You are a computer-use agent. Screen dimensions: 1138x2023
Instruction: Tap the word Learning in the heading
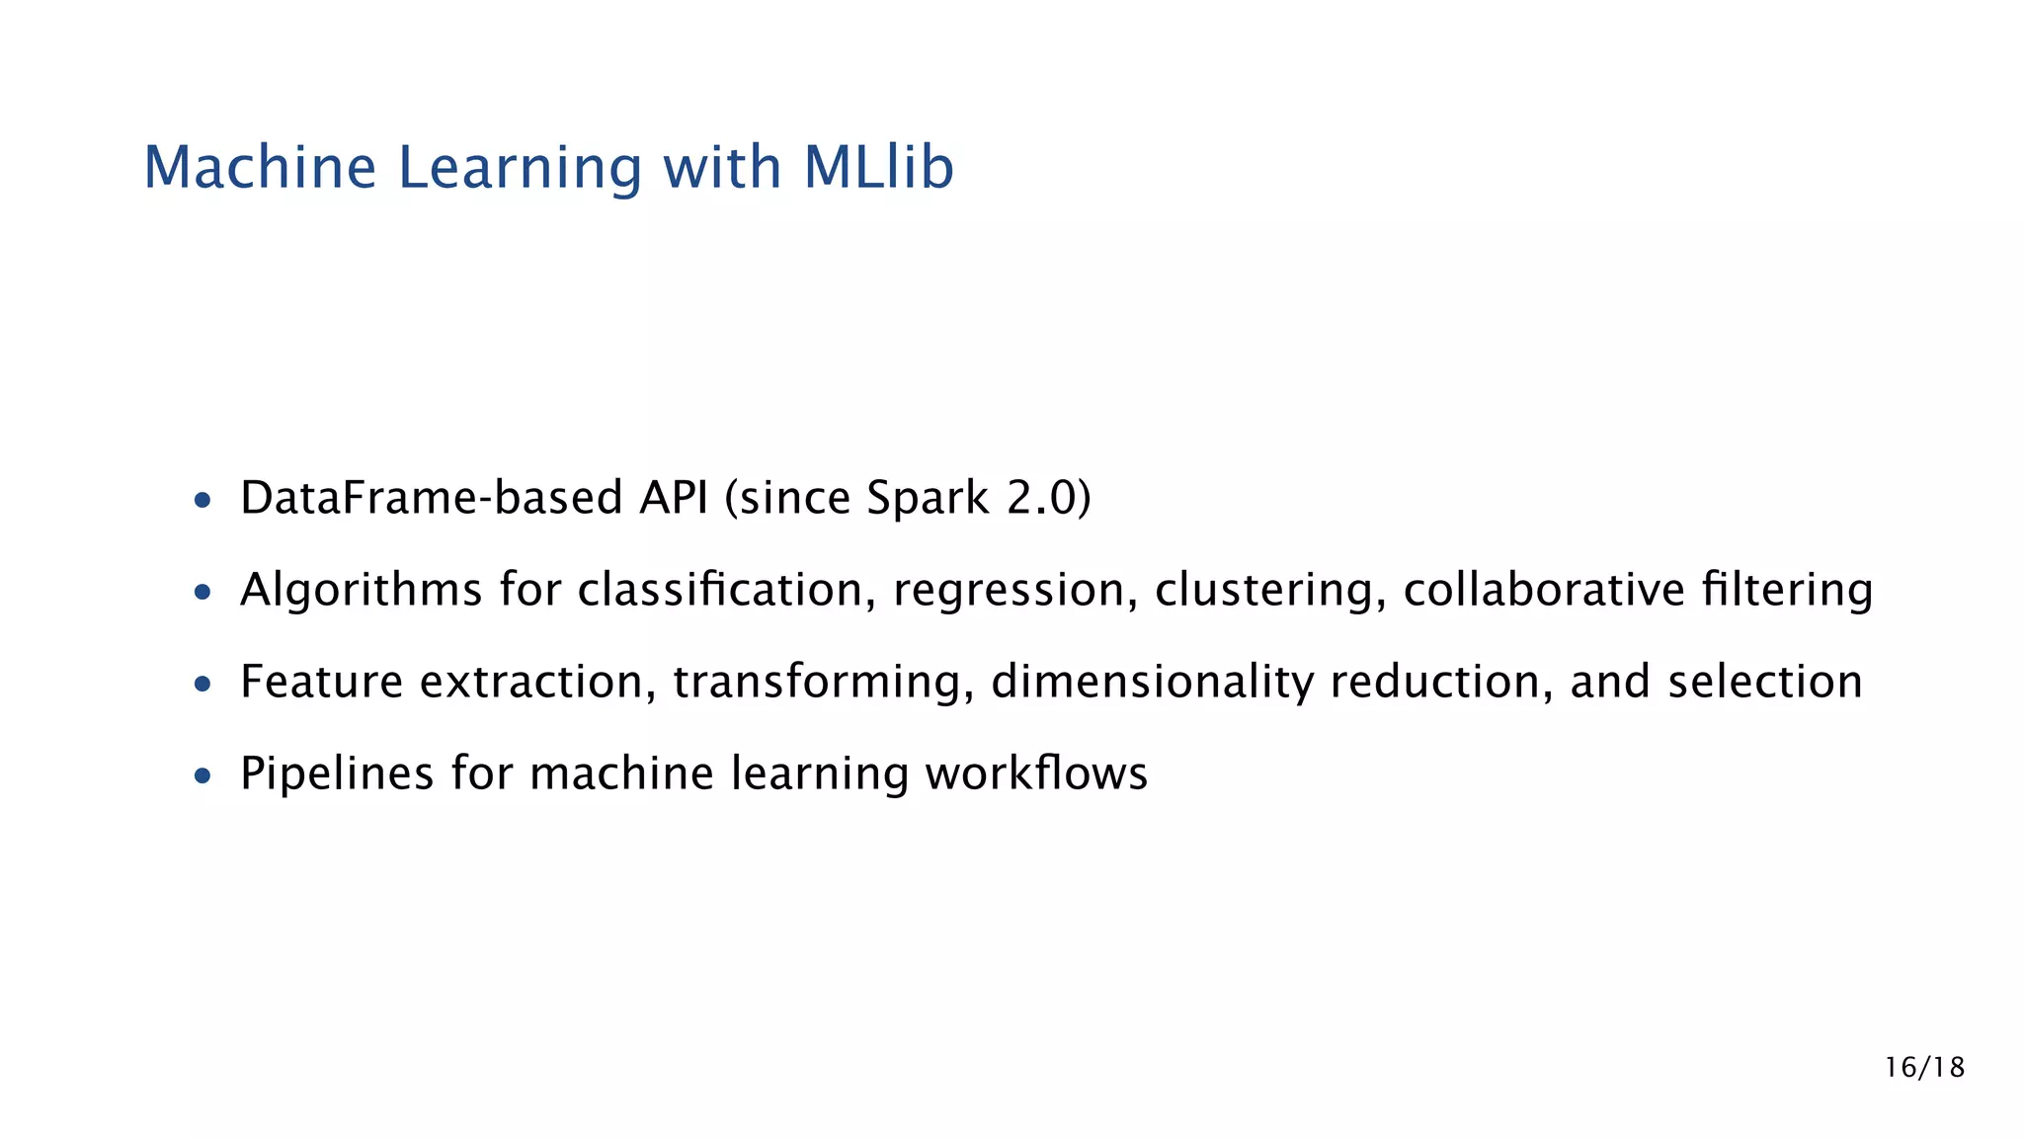521,168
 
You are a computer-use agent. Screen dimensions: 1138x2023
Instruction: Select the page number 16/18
1924,1067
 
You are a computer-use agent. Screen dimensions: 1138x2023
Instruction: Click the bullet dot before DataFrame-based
202,501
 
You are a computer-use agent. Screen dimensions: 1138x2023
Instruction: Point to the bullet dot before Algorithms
202,593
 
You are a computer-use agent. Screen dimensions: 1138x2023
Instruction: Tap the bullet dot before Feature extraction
202,684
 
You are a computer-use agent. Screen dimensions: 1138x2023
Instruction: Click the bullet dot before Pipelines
202,775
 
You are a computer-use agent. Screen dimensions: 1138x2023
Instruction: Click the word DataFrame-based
431,497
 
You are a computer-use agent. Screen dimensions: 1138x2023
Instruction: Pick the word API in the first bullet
673,497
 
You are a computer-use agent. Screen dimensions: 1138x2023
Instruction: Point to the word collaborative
1543,590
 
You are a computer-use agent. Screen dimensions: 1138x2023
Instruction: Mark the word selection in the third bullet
1764,682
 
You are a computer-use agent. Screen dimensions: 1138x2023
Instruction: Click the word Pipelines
337,773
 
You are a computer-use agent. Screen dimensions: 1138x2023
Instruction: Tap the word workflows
1036,773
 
